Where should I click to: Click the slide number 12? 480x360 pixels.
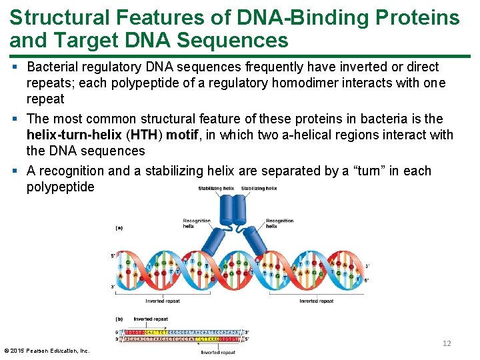tap(447, 343)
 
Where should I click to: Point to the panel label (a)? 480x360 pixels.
tap(119, 227)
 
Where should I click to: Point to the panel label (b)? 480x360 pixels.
tap(119, 319)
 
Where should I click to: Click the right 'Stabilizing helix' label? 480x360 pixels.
tap(259, 189)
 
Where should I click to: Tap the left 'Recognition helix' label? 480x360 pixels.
tap(197, 223)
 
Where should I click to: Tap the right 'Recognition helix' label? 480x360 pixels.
tap(279, 223)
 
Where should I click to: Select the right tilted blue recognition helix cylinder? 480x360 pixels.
tap(258, 243)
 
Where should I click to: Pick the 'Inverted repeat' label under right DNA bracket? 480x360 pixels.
tap(317, 301)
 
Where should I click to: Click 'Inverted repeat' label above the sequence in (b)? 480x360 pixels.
tap(152, 319)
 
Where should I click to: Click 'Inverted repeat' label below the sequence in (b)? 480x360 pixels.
tap(219, 352)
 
